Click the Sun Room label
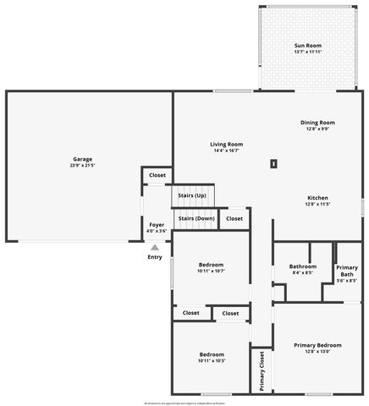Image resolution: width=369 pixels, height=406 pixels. (308, 45)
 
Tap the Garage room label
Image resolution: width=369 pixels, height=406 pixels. (82, 159)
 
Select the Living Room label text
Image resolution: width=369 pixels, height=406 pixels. (226, 144)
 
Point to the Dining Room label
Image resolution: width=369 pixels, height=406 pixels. (317, 123)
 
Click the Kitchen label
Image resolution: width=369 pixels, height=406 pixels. (317, 199)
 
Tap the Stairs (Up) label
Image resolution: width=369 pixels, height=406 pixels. (192, 195)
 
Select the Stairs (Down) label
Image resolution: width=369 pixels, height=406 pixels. (196, 218)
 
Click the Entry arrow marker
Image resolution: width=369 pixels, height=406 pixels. (155, 248)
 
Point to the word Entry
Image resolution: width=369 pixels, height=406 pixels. (155, 257)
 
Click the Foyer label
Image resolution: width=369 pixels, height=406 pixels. (157, 224)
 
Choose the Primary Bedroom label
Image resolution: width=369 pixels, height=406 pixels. (317, 345)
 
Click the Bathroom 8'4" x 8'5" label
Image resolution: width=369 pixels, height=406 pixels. (302, 269)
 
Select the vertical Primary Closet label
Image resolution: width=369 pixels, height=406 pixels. (262, 370)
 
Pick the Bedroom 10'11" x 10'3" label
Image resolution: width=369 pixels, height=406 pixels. (211, 357)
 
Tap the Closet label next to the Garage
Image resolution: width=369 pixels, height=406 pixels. (157, 175)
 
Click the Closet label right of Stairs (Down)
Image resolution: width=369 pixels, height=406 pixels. (234, 218)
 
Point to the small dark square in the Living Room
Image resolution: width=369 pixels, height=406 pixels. (273, 163)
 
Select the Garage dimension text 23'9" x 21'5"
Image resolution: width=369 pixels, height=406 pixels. (82, 164)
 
